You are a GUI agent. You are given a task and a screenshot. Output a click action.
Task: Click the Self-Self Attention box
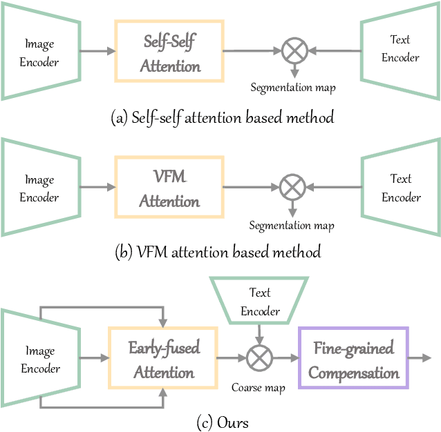[x=169, y=52]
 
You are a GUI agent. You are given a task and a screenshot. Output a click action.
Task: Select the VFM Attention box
[x=169, y=187]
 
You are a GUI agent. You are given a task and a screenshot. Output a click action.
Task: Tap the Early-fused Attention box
[x=163, y=360]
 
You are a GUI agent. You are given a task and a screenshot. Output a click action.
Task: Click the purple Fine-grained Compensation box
[x=353, y=360]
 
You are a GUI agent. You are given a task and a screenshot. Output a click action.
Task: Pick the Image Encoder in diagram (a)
[x=39, y=53]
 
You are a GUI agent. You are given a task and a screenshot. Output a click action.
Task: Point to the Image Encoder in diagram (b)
[x=39, y=188]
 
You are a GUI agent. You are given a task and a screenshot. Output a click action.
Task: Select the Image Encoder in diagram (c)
[x=39, y=360]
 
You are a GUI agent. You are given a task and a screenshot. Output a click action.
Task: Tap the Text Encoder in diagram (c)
[x=260, y=302]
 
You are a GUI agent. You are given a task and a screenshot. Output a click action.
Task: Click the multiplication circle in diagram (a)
[x=293, y=50]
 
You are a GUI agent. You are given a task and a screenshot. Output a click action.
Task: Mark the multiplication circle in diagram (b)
[x=293, y=186]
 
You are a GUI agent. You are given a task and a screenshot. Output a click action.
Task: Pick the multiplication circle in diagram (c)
[x=260, y=359]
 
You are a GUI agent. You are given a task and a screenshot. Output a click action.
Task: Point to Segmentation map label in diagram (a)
[x=293, y=88]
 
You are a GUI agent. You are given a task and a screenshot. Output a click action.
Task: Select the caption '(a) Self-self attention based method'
[x=222, y=117]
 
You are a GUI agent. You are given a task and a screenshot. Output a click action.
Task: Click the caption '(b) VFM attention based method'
[x=218, y=252]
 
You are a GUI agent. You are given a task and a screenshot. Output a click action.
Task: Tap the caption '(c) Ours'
[x=222, y=421]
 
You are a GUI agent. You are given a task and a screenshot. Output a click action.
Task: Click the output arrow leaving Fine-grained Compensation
[x=420, y=359]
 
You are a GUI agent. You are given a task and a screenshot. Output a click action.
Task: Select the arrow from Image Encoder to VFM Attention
[x=95, y=186]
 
